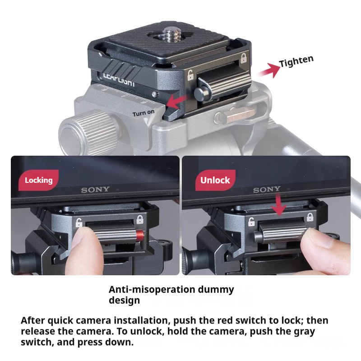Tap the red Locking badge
[x=38, y=180]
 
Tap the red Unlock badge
[x=215, y=180]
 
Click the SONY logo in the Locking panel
[x=95, y=190]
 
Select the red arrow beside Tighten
[x=268, y=70]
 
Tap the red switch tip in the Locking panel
[x=141, y=235]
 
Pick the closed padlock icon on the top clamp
[x=244, y=58]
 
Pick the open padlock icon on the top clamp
[x=190, y=75]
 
